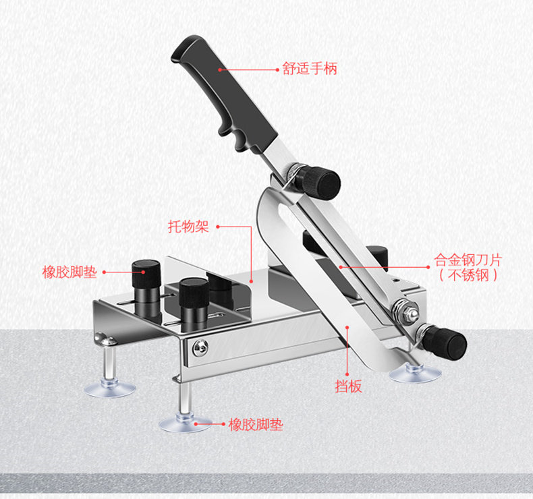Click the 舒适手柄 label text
(310, 69)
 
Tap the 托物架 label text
(188, 227)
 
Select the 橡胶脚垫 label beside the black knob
(69, 272)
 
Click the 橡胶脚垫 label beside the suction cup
(256, 425)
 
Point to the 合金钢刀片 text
(468, 260)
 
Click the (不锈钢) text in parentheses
(468, 275)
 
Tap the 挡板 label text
(348, 386)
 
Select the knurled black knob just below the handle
(320, 181)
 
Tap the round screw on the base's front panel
(200, 348)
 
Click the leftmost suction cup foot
(110, 388)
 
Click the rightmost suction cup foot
(415, 374)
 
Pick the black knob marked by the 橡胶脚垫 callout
(146, 274)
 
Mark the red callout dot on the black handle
(220, 69)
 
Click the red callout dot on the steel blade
(341, 267)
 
